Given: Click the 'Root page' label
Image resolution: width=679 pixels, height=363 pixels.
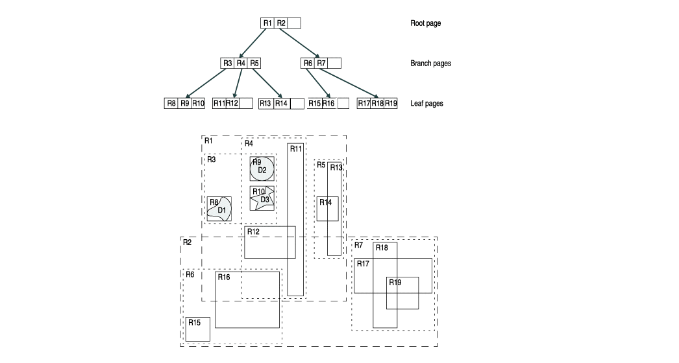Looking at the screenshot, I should [x=425, y=23].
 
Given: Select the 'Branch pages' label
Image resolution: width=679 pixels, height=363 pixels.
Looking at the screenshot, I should [x=430, y=64].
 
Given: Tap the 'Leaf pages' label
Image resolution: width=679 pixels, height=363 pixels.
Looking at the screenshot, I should [x=426, y=104].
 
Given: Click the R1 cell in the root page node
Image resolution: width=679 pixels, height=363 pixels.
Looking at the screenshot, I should [x=267, y=23].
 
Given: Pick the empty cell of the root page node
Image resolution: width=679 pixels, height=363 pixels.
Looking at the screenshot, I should [x=294, y=23].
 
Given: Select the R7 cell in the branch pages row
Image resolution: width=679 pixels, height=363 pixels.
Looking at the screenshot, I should [x=321, y=64].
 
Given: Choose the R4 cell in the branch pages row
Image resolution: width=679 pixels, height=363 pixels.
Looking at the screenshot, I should [x=241, y=64].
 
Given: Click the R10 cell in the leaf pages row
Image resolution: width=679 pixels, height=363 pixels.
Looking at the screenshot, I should [x=198, y=104].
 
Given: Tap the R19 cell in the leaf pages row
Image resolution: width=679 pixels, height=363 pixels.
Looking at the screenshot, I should [x=391, y=104].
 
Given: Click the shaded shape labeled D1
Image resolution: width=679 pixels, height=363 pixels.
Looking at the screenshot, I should [x=221, y=210].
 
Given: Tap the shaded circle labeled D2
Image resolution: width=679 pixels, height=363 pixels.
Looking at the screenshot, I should [x=262, y=169].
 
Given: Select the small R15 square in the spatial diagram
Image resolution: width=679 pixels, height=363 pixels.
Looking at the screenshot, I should [x=197, y=329].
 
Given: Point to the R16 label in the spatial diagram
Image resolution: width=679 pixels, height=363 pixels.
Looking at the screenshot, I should [x=224, y=277].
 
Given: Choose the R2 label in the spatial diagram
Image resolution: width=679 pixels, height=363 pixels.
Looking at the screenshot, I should [x=187, y=242].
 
